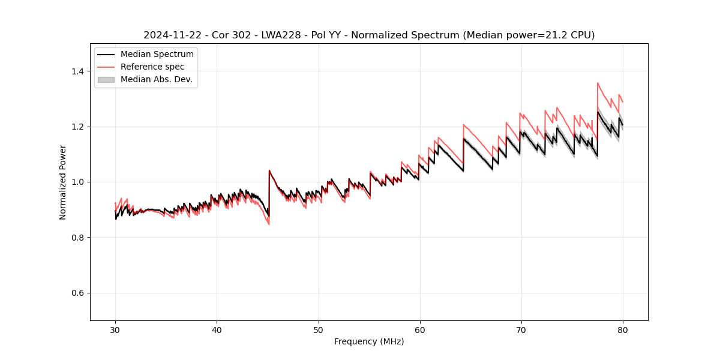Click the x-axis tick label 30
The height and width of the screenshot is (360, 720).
tap(115, 329)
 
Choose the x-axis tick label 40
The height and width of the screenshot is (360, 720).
tap(217, 329)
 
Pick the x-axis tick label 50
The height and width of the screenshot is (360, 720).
tap(318, 329)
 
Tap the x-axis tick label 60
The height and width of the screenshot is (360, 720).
tap(419, 329)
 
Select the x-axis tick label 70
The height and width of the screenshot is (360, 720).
tap(521, 329)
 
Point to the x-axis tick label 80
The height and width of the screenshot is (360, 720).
tap(622, 329)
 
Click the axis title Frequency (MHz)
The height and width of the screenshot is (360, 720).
tap(369, 341)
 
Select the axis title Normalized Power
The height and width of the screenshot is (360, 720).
tap(62, 182)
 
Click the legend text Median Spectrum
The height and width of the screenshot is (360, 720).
tap(157, 55)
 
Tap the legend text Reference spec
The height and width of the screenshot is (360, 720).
tap(152, 67)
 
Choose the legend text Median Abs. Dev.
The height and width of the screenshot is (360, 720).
tap(156, 79)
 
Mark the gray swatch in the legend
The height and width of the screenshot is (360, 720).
tap(106, 79)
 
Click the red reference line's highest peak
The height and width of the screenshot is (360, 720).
tap(598, 83)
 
